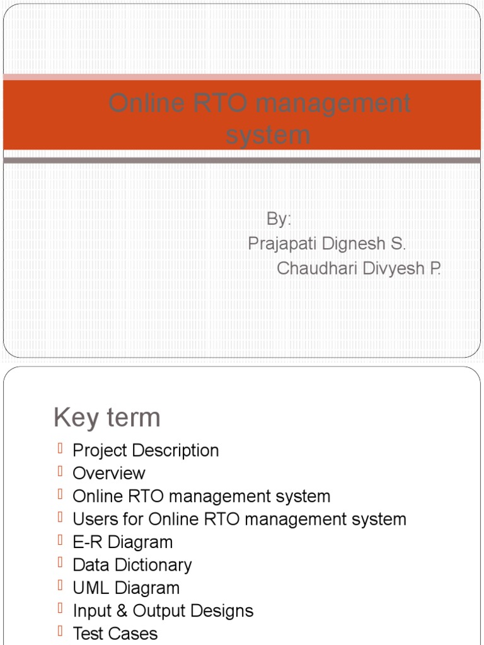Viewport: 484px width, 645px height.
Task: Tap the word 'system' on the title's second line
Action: pos(268,135)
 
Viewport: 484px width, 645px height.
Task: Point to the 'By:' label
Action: pos(279,219)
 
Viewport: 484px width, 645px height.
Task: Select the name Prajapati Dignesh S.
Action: pos(327,243)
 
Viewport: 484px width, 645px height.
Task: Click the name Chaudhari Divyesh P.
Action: pos(359,268)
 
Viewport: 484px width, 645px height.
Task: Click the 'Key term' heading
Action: pos(107,417)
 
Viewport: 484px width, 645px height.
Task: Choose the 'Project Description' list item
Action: pos(146,450)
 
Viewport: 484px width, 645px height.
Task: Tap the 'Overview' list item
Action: pos(109,473)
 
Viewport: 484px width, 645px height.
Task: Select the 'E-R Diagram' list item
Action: pos(122,542)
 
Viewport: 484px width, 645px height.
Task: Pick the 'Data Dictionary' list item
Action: pos(132,565)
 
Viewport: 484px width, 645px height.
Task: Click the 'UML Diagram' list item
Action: pos(126,588)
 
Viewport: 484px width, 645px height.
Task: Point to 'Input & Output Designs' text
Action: pos(163,610)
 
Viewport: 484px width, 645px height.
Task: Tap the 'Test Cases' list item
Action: pos(115,633)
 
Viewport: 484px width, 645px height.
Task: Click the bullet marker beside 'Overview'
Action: pos(60,471)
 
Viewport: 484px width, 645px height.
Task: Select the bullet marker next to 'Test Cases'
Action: pos(60,631)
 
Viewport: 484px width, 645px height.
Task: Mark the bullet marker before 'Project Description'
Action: pos(60,448)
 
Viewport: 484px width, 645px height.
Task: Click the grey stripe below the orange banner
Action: pos(242,160)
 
